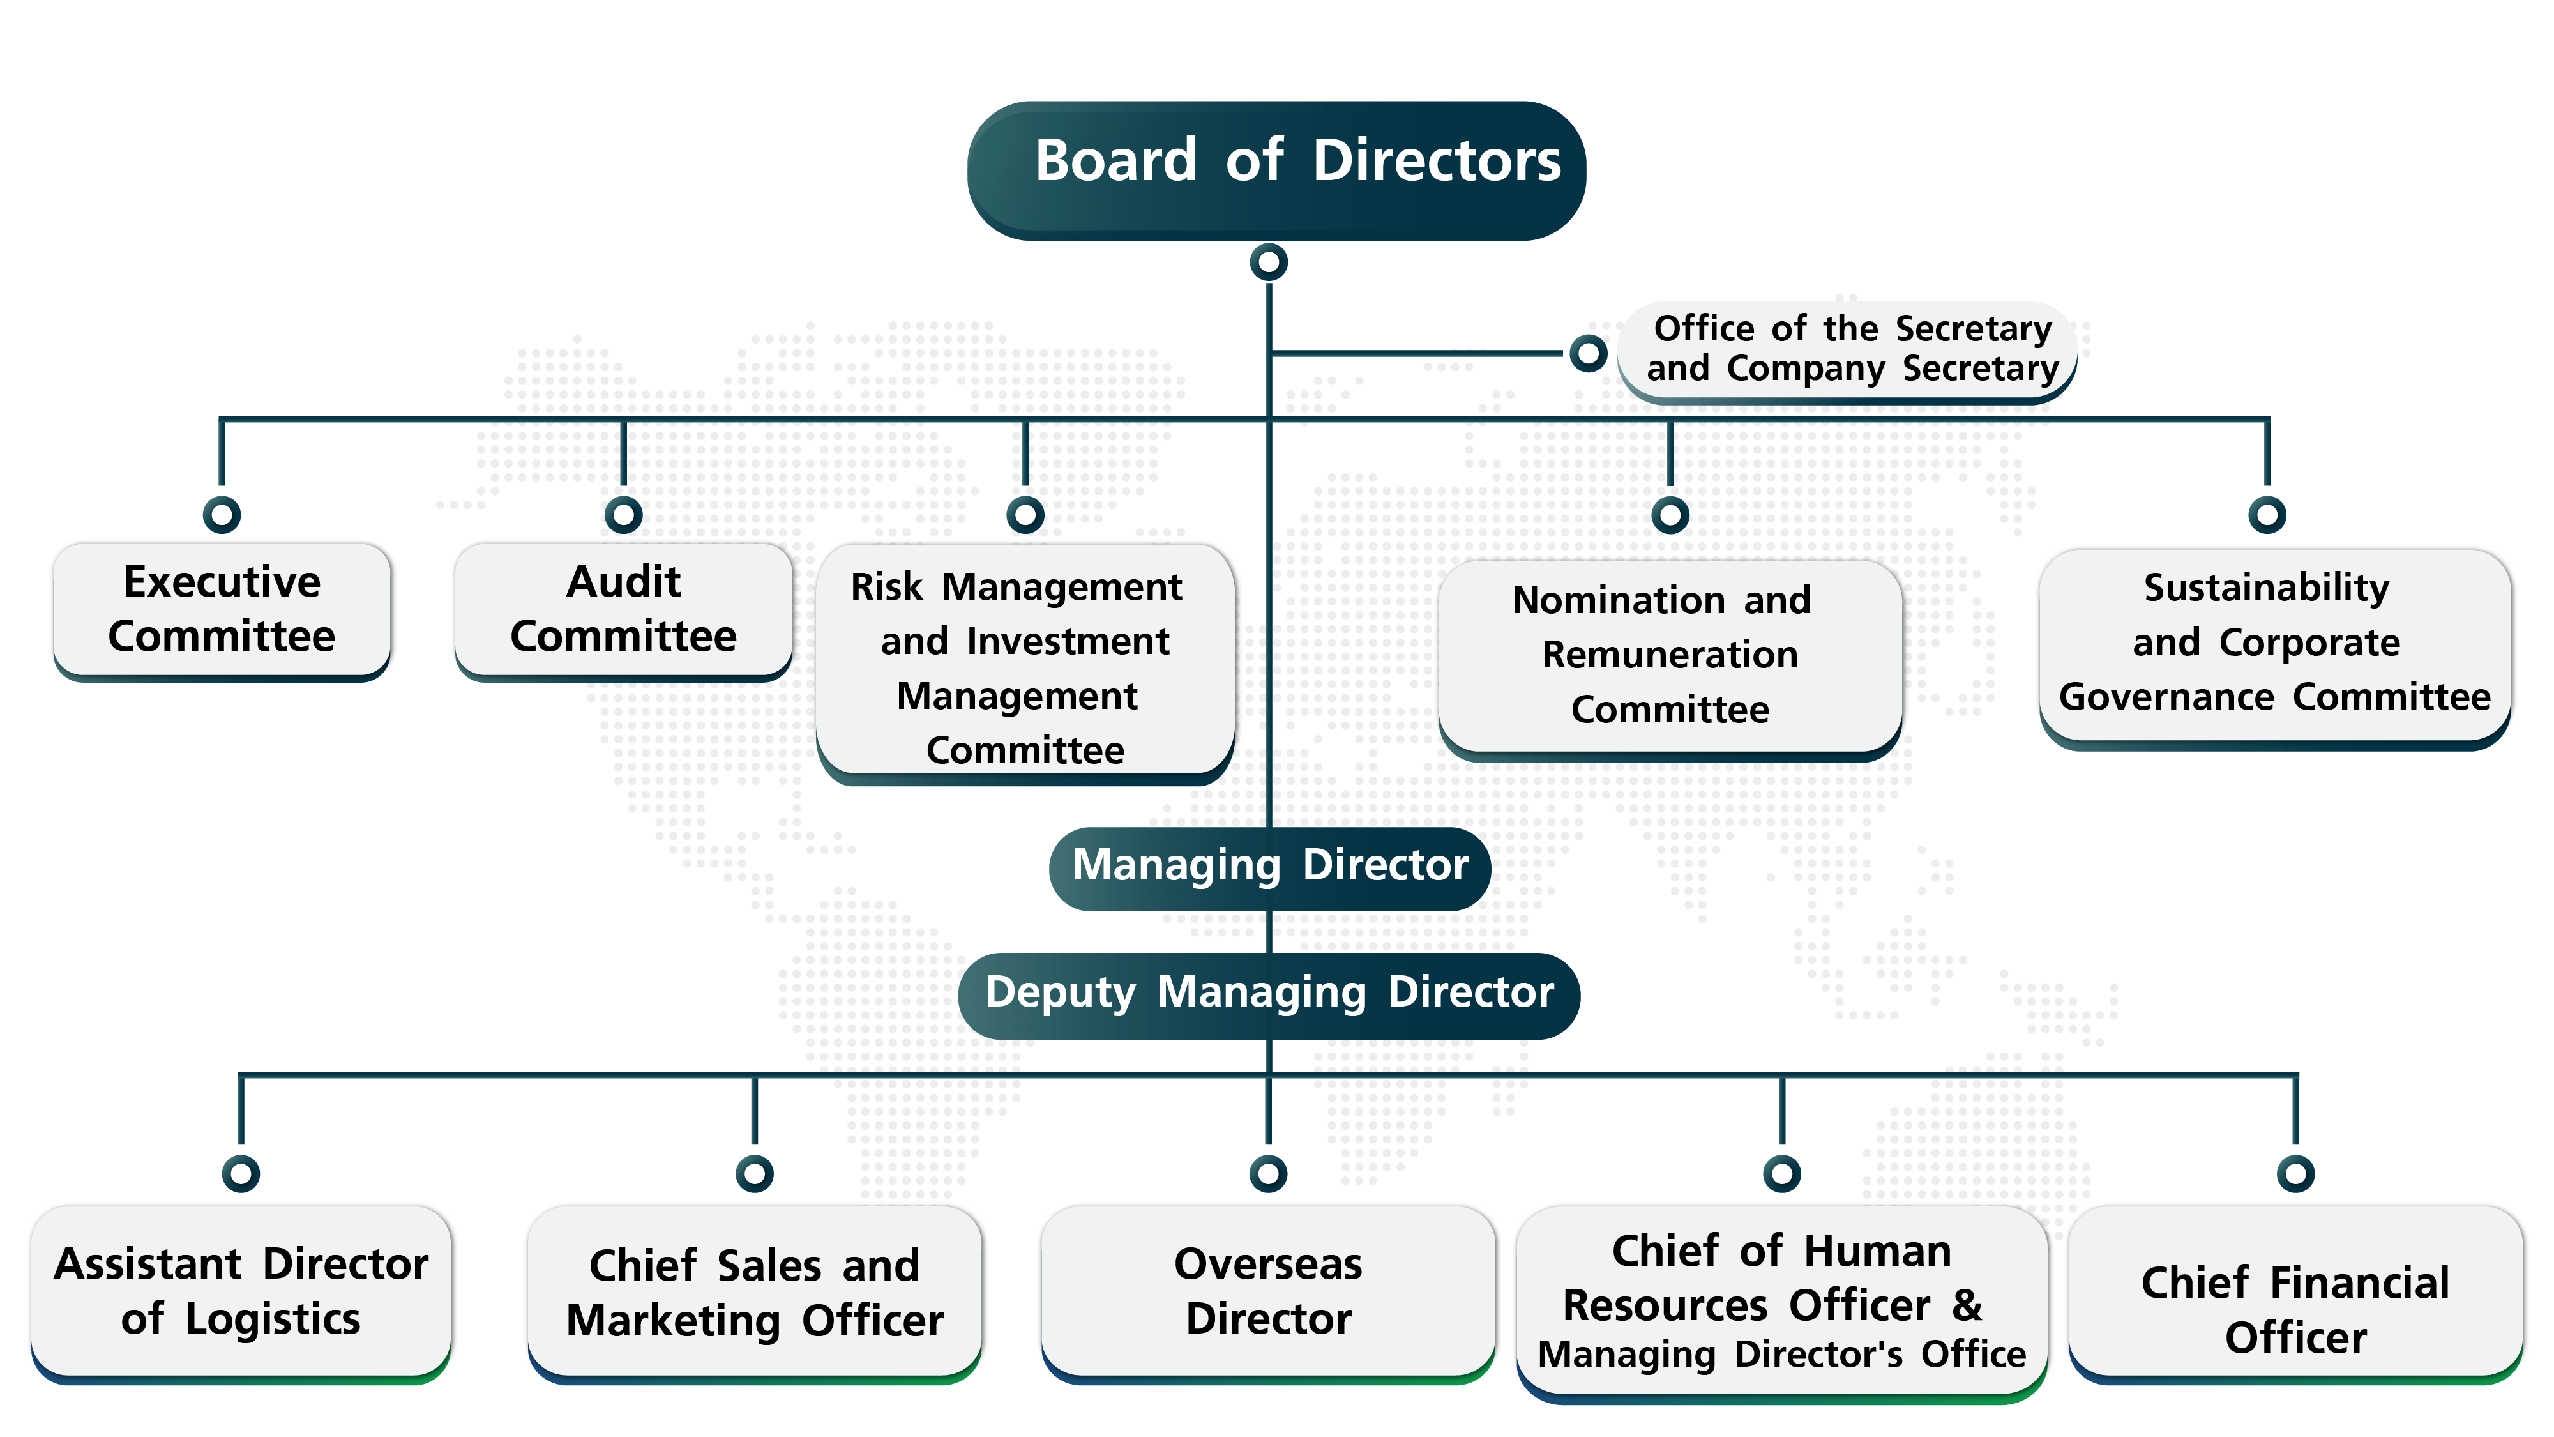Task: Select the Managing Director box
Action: click(1269, 867)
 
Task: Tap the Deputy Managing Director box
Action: click(1269, 994)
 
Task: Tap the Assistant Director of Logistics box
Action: click(242, 1291)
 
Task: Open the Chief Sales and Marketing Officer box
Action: click(755, 1291)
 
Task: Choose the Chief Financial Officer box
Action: click(2295, 1309)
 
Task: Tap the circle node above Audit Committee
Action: click(624, 513)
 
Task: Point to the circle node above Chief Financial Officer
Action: click(2295, 1173)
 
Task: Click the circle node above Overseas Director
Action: click(1268, 1173)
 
